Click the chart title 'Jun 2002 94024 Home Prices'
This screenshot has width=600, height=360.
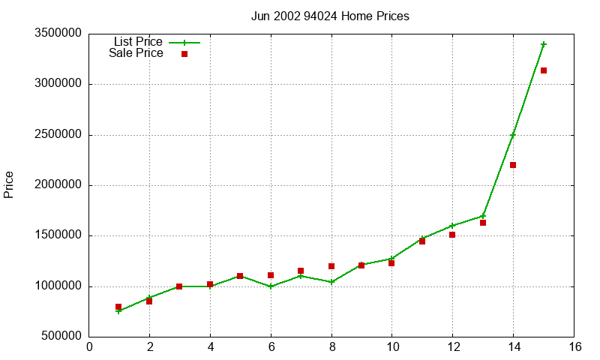point(330,16)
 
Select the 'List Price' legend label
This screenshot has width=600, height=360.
point(138,42)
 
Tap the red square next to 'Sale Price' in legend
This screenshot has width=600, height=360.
point(184,54)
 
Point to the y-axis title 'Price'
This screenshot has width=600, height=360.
point(9,184)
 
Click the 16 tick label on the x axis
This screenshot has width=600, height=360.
point(574,347)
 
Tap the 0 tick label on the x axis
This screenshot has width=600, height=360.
point(89,347)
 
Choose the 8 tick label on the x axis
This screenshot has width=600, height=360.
point(331,347)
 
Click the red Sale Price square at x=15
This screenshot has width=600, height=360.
point(544,70)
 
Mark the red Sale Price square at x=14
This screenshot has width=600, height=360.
point(513,165)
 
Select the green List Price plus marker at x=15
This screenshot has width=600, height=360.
point(544,44)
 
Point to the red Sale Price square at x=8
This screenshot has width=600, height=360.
point(331,266)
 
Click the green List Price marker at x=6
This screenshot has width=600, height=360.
point(271,286)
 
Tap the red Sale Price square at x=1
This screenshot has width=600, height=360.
point(118,307)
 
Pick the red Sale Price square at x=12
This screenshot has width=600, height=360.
point(452,235)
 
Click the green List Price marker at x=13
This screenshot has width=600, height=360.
point(483,216)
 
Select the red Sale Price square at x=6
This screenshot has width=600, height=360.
point(271,275)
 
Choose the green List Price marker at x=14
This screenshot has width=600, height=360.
point(513,135)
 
